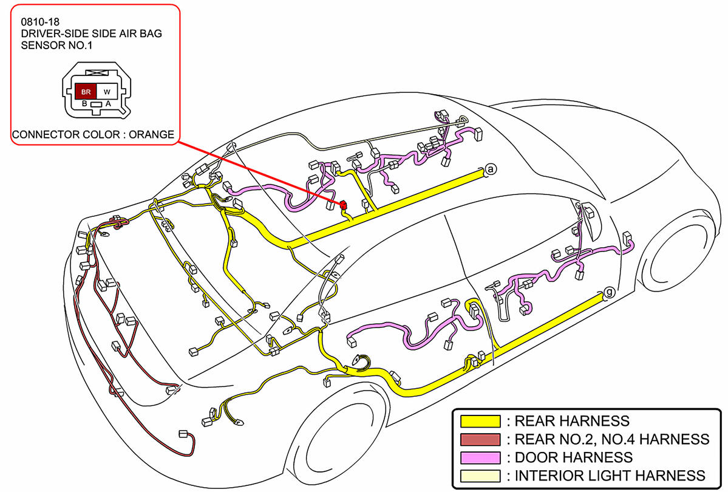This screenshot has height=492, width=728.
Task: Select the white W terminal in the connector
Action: [x=107, y=92]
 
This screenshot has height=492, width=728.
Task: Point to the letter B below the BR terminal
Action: [x=84, y=104]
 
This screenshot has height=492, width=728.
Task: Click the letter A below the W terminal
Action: [x=108, y=104]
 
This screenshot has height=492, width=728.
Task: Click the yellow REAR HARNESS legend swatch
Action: [x=480, y=421]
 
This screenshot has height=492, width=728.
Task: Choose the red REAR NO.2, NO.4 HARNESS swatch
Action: [x=480, y=439]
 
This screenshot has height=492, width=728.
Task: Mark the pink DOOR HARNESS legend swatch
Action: [x=480, y=457]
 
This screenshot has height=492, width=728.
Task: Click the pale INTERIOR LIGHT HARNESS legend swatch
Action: [x=480, y=476]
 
